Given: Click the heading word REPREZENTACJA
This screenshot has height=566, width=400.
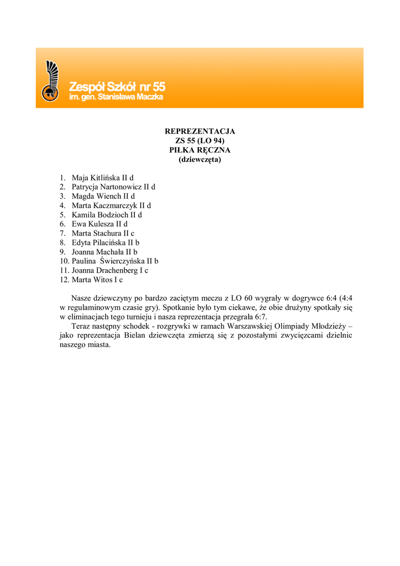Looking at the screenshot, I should (200, 132).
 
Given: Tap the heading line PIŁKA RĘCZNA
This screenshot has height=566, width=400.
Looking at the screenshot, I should (200, 150).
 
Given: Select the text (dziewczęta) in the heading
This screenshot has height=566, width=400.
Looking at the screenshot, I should (200, 159).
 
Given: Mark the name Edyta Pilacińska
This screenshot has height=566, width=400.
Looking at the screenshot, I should (98, 243).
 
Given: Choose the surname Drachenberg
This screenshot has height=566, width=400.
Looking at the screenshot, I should (117, 270).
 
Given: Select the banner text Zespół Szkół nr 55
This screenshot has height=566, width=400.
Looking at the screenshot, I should (117, 87).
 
